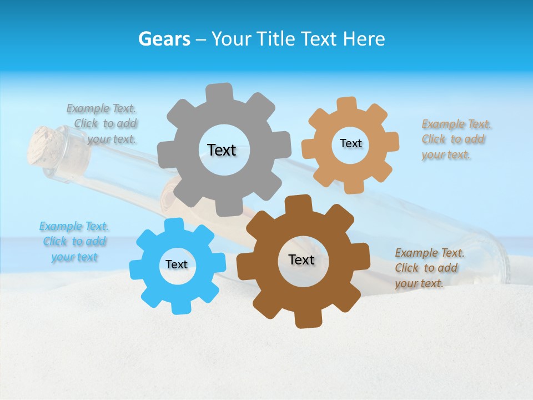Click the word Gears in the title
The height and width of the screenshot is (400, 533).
[x=164, y=39]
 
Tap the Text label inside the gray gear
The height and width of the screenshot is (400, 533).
[x=222, y=150]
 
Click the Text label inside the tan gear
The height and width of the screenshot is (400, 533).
[x=350, y=143]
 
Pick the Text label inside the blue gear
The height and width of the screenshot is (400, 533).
[x=177, y=264]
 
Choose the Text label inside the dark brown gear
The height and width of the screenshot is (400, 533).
[x=301, y=259]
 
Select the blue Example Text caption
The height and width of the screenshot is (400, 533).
[x=74, y=242]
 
